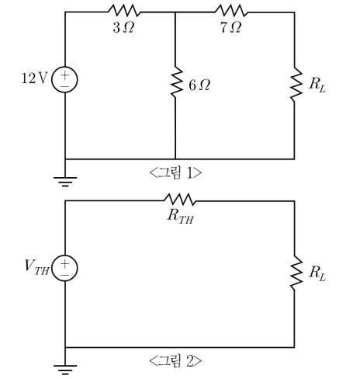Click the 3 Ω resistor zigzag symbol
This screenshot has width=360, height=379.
coord(124,11)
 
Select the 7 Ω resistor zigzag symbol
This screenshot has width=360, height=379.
coord(231,11)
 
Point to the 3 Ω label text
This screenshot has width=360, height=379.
coord(123,27)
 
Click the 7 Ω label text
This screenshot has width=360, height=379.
coord(231,27)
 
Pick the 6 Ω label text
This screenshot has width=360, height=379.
coord(199,85)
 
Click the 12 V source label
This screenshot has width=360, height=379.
coord(35,78)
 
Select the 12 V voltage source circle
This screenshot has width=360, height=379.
coord(64,79)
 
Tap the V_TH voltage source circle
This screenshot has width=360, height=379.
coord(64,268)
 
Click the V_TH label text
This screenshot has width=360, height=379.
coord(36,267)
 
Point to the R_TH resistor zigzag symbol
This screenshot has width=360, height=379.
coord(180,200)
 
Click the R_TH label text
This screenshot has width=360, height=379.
coord(180,217)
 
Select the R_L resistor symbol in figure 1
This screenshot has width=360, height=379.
coord(295,85)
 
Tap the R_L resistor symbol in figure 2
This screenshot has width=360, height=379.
coord(295,273)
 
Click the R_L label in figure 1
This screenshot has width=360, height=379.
coord(317,85)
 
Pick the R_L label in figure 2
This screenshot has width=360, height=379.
coord(317,273)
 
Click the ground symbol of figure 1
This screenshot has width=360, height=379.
coord(65,182)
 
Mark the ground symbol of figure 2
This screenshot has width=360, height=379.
coord(65,370)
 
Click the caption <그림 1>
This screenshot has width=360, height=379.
coord(175,172)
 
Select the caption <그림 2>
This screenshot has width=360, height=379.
coord(175,361)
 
